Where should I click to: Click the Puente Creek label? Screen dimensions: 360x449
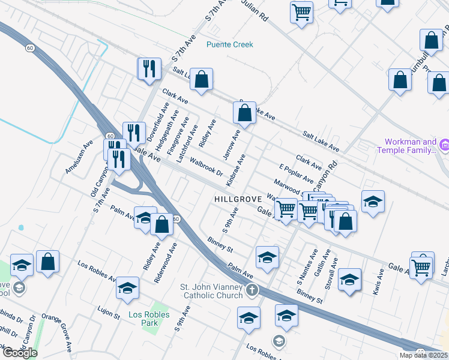[230, 44]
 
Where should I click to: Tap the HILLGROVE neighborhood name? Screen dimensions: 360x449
[237, 198]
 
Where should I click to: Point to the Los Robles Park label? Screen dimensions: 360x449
[149, 319]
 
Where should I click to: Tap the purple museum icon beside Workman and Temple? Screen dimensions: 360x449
[444, 145]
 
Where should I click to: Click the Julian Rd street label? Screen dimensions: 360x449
[254, 11]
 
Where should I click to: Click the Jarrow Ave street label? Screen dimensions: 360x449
[232, 145]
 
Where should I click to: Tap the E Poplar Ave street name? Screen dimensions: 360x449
[297, 172]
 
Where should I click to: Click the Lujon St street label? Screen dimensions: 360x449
[109, 314]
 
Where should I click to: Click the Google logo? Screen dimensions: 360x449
[20, 353]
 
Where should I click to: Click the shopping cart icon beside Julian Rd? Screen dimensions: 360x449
[301, 11]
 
